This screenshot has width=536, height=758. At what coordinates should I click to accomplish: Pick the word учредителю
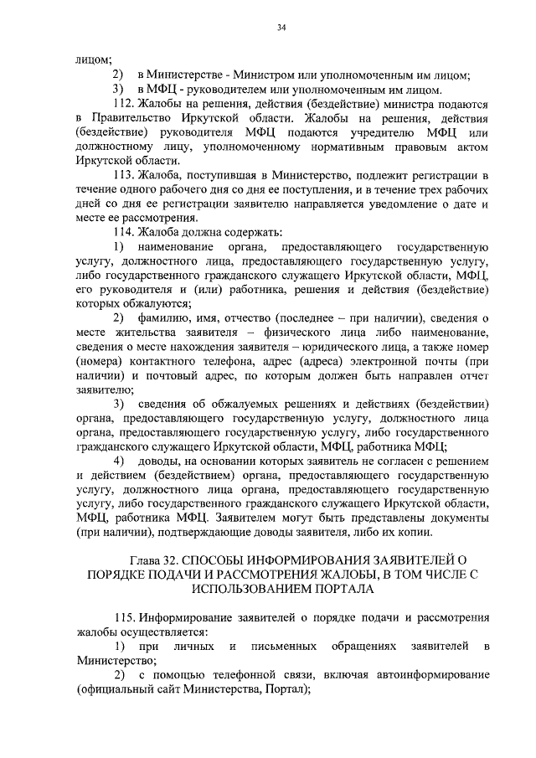pos(370,132)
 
